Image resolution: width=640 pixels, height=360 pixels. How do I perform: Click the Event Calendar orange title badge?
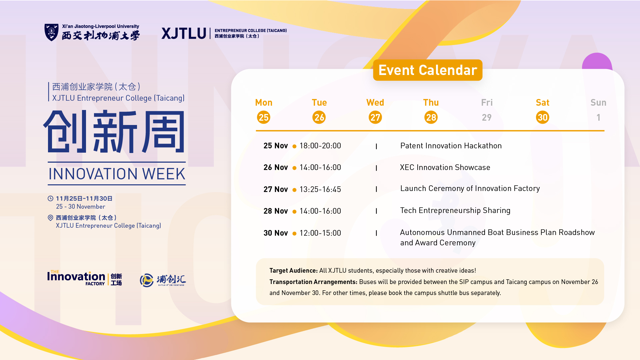coord(428,70)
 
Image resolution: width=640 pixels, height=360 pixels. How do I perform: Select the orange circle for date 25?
coord(264,117)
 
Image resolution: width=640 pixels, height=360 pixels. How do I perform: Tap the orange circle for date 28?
coord(431,117)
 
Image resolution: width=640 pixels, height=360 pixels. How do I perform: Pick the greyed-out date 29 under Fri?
coord(487,117)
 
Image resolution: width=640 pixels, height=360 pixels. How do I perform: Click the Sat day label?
coord(543,103)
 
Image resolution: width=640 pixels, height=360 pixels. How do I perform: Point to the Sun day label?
coord(598,103)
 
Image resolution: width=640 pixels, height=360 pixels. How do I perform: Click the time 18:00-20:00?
coord(320,146)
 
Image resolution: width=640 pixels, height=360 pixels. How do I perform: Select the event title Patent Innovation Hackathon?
coord(451,146)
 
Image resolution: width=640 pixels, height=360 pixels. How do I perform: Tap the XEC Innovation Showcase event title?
coord(445,167)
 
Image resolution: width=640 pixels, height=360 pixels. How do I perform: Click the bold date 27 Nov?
coord(276,189)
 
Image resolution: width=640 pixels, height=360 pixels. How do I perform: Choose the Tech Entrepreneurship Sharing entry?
coord(455,211)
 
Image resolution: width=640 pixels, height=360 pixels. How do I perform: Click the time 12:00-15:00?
coord(320,233)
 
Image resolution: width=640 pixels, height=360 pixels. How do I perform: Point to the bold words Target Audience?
coord(293,270)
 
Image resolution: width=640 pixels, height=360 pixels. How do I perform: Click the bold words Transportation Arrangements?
coord(313,282)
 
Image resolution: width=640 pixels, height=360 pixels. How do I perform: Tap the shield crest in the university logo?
coord(51,32)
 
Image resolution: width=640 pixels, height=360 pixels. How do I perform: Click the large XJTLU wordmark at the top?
coord(184,33)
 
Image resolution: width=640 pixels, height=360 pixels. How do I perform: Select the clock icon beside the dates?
coord(51,198)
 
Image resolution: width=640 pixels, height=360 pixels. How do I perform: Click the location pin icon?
coord(51,218)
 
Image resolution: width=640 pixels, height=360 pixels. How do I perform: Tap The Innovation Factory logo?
coord(85,278)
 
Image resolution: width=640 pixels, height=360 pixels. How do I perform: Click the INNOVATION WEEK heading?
coord(117,174)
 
